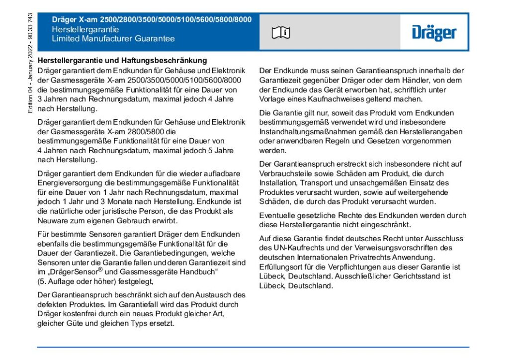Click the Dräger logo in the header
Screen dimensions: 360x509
click(x=433, y=33)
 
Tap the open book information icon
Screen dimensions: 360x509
click(x=281, y=33)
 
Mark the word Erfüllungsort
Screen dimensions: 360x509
click(x=282, y=267)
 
